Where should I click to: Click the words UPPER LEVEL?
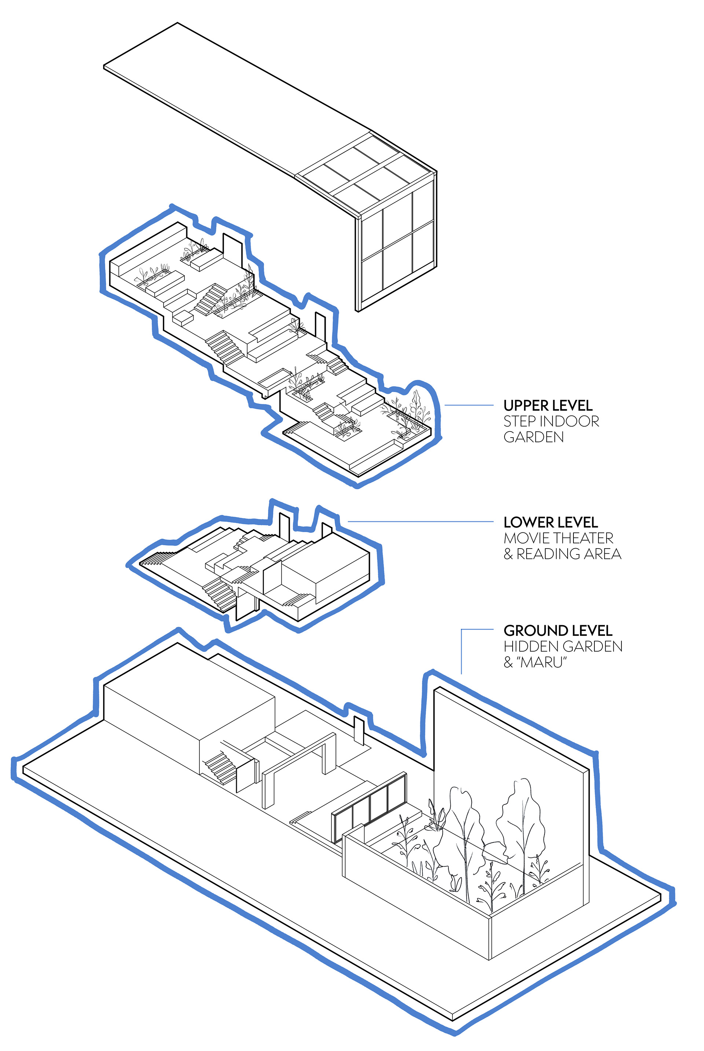(x=548, y=406)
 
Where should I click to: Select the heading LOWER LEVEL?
(x=550, y=522)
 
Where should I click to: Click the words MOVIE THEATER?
(x=558, y=538)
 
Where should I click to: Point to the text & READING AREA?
(x=562, y=554)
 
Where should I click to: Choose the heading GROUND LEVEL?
(x=558, y=631)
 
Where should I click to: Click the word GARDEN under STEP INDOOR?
(x=533, y=437)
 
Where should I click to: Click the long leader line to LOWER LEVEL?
(x=420, y=521)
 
